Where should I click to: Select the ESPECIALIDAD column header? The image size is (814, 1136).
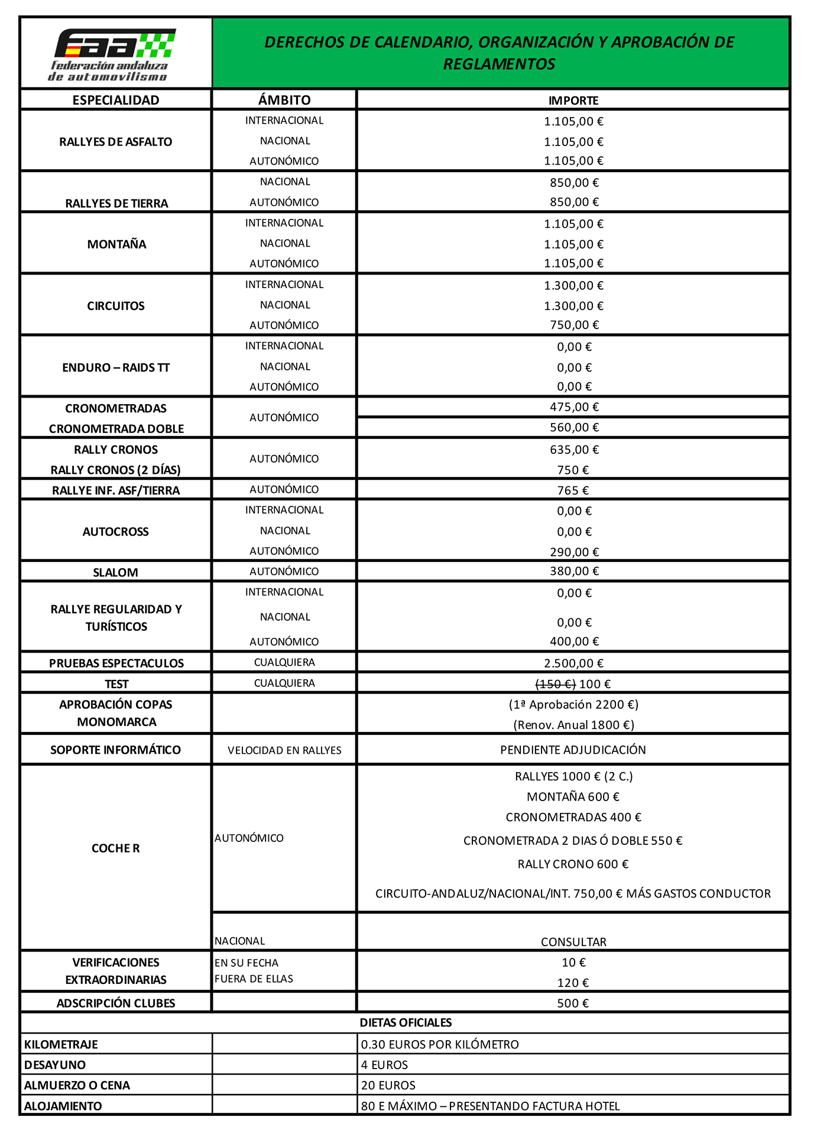coord(116,100)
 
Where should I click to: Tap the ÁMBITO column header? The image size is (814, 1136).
coord(284,100)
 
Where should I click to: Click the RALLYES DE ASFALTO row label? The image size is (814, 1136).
coord(116,142)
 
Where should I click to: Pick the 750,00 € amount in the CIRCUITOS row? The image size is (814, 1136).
coord(573,325)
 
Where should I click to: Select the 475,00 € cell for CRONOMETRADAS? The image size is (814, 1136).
coord(573,407)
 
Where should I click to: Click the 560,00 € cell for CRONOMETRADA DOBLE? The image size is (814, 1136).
coord(573,427)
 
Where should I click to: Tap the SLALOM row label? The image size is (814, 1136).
coord(116,572)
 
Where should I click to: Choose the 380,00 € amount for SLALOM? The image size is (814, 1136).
coord(573,571)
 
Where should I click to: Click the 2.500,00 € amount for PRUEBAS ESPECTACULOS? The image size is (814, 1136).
coord(573,663)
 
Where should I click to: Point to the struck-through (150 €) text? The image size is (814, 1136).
coord(555,684)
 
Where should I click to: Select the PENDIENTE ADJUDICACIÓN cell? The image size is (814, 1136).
coord(573,750)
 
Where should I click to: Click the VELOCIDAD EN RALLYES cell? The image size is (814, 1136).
coord(284,750)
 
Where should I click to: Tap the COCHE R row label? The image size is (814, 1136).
coord(116,848)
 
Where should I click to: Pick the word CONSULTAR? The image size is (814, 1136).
coord(573,941)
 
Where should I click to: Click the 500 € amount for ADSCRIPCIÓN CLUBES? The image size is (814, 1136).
coord(573,1003)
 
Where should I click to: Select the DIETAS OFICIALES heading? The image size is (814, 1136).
coord(406,1022)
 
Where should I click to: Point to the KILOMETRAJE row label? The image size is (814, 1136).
coord(61,1044)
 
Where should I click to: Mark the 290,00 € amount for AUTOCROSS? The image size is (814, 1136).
coord(573,552)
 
